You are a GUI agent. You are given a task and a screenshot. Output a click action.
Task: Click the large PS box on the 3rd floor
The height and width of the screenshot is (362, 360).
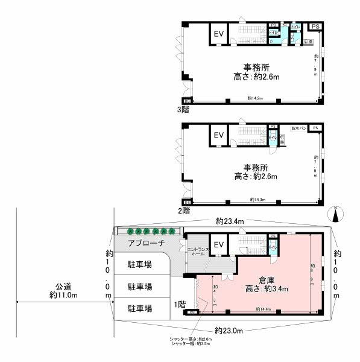(x=315, y=27)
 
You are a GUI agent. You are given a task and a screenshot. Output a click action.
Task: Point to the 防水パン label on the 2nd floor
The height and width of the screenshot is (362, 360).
(x=299, y=128)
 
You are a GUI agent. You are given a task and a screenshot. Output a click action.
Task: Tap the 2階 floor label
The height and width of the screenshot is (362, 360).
(x=183, y=211)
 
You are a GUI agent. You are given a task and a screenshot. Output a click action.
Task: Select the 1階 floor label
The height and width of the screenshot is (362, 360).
(x=180, y=305)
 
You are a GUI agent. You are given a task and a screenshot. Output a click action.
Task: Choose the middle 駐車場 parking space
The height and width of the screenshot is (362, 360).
(x=139, y=286)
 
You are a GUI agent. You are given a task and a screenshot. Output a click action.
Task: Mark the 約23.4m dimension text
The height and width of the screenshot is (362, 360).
(x=229, y=221)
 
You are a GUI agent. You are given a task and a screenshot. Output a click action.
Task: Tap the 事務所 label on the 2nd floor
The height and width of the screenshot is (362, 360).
(x=256, y=167)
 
